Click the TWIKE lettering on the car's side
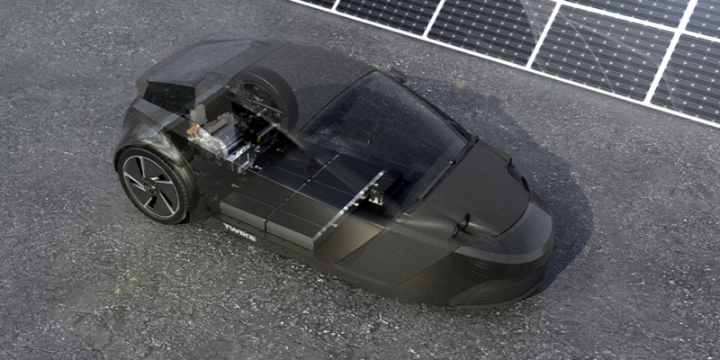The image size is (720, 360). coord(239,232)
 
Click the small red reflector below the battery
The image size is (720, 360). coord(208,210)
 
